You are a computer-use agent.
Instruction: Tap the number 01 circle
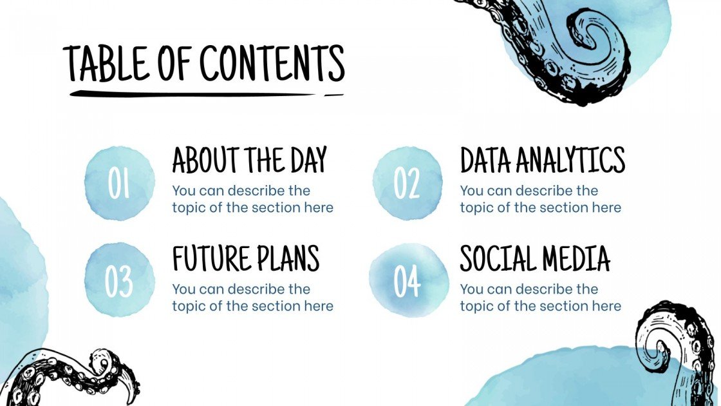(120, 184)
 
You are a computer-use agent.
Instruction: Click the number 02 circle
(407, 184)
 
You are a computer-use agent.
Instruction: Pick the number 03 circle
(120, 280)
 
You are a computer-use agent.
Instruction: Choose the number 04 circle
(407, 280)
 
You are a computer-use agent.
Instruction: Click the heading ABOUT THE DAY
(250, 160)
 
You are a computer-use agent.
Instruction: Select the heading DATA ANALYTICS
(542, 160)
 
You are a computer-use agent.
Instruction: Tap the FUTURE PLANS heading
(245, 258)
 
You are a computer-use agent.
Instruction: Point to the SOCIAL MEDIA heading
(535, 258)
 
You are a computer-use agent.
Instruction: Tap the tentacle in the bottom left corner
(71, 377)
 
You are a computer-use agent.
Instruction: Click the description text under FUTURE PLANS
(252, 297)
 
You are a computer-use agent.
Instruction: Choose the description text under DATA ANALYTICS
(540, 199)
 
